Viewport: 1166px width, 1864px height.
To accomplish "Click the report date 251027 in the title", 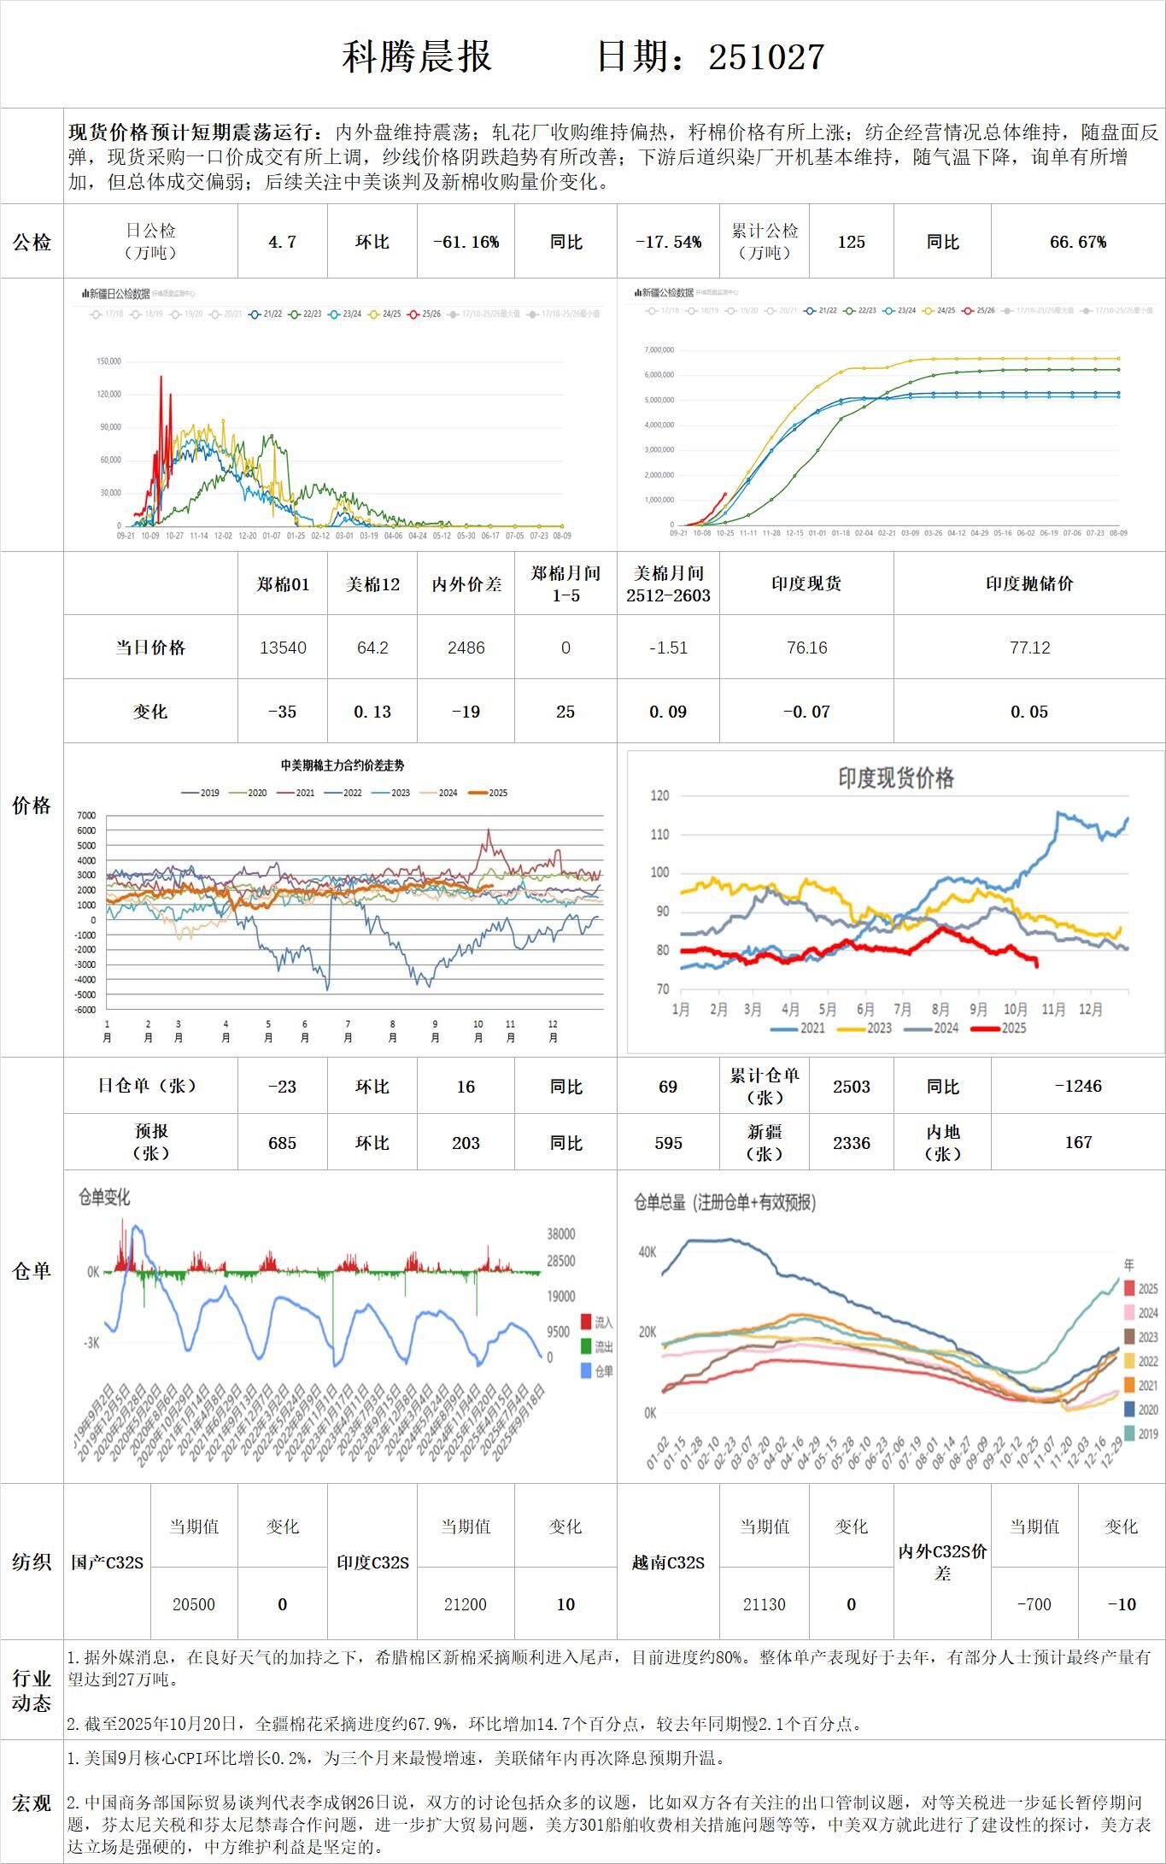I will click(x=766, y=57).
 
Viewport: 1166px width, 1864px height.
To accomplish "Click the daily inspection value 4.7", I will click(x=282, y=243).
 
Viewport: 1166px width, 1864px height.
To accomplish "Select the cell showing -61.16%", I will click(x=466, y=243).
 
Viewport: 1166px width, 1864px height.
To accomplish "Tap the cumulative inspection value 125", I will click(x=851, y=243).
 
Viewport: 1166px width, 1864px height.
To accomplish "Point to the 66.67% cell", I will click(x=1078, y=243).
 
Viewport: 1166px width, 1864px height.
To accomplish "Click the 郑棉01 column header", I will click(x=283, y=584).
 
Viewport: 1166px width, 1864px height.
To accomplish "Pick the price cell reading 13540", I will click(x=283, y=648).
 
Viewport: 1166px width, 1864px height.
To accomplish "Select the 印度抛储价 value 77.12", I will click(x=1029, y=648).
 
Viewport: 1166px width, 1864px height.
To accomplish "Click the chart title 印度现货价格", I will click(x=895, y=778).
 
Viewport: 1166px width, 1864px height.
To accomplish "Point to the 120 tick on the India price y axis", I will click(x=659, y=796).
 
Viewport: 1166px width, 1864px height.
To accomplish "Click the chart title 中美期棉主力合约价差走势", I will click(x=343, y=766).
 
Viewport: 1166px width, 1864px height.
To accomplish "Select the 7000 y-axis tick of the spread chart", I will click(x=87, y=816).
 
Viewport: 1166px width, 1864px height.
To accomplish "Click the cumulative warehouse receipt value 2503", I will click(x=851, y=1087).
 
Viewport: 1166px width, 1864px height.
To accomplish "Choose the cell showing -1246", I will click(x=1078, y=1087).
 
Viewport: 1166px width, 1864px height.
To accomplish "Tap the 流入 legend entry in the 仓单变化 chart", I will click(x=597, y=1322).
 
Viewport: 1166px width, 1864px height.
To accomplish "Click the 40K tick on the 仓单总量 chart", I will click(x=647, y=1252).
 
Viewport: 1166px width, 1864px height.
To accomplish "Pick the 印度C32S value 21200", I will click(x=466, y=1604).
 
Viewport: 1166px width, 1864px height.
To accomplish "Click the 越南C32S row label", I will click(x=668, y=1562).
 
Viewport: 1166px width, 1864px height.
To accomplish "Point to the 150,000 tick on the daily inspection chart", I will click(x=108, y=361).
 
